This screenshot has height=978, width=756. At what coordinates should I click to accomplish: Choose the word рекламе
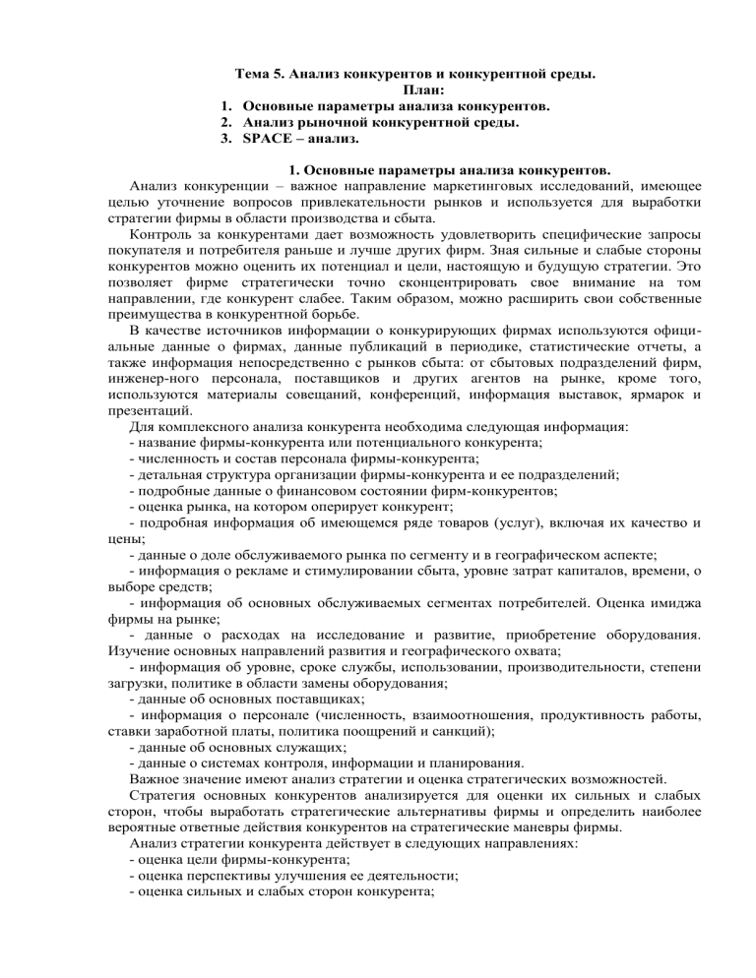(x=259, y=603)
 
